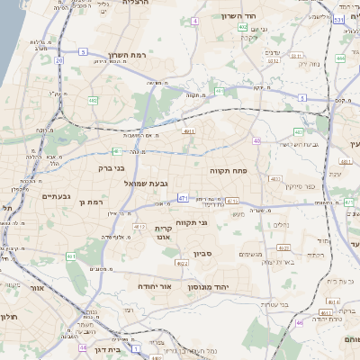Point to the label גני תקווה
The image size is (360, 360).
(193, 220)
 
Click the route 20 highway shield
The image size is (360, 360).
(59, 60)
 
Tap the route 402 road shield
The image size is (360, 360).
(243, 27)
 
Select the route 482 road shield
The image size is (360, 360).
(94, 100)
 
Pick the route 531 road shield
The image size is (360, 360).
(338, 19)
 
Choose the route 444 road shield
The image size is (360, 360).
(340, 58)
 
